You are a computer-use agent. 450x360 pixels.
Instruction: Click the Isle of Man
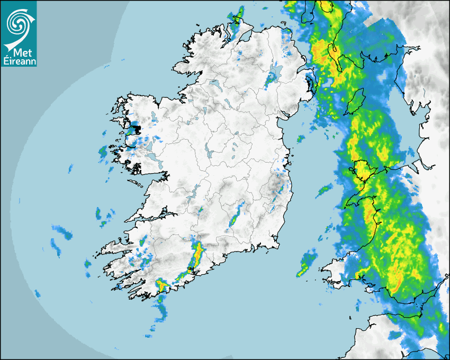point(356,101)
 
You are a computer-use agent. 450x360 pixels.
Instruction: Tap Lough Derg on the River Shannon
point(195,192)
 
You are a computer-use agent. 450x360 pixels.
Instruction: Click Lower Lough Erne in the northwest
point(214,84)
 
